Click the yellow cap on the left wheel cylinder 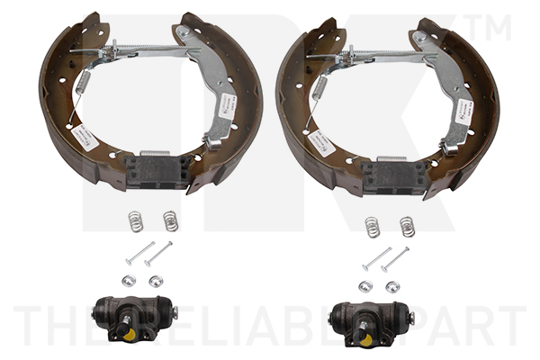[x=130, y=335]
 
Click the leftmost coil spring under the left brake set [x=135, y=220]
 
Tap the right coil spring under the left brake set [x=170, y=220]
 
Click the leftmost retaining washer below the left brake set [x=129, y=281]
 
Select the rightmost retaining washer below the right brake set [x=392, y=286]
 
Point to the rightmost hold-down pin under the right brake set [x=396, y=259]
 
